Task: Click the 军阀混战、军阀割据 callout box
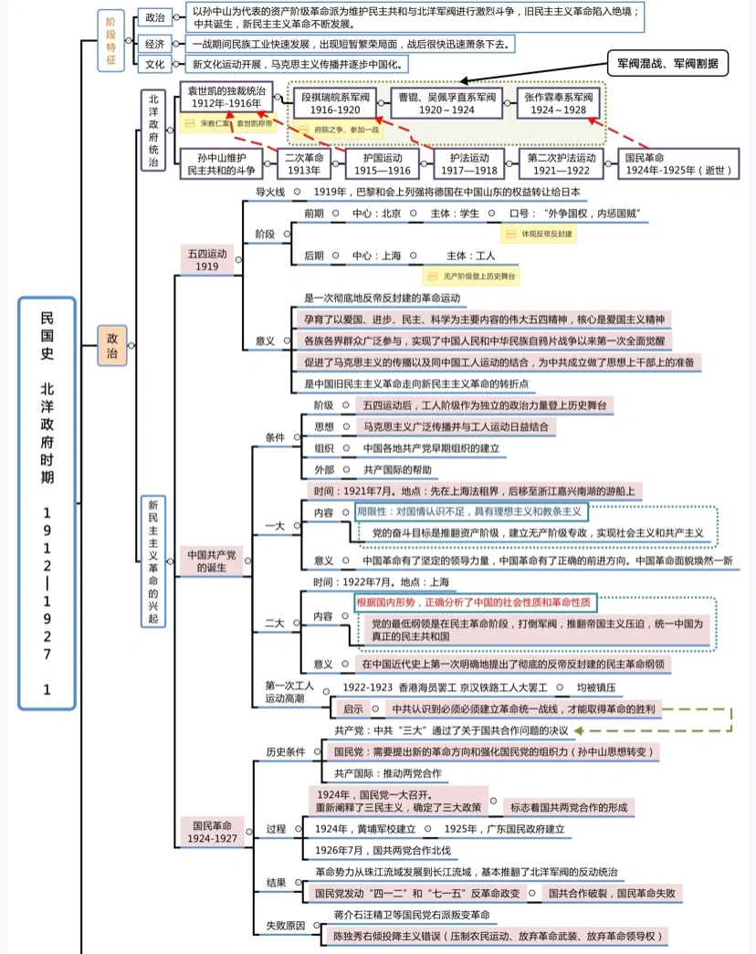[667, 64]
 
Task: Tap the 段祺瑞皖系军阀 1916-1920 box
[335, 102]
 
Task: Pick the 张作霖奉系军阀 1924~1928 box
[557, 102]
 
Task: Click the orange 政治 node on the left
[112, 346]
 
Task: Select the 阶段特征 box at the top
[110, 40]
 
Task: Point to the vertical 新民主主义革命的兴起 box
[153, 561]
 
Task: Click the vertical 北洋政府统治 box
[152, 131]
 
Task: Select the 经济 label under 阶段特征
[154, 43]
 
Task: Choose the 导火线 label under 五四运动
[270, 192]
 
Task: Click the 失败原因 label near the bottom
[285, 925]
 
